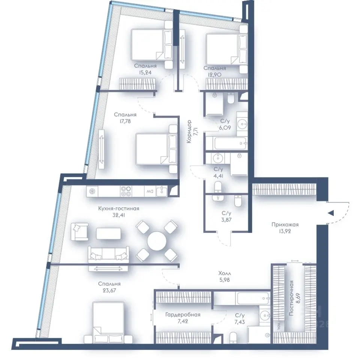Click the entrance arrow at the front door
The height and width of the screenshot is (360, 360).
coord(331,213)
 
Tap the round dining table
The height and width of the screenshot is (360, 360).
coord(157,241)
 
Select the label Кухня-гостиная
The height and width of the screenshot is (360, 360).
coord(119,208)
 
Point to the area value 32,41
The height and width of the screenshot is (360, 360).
coord(119,215)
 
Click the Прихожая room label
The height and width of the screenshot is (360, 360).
coord(285,225)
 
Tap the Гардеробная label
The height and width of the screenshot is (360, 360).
coord(183,315)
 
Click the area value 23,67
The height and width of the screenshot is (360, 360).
coord(109,290)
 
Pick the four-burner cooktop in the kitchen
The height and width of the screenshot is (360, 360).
coord(126,191)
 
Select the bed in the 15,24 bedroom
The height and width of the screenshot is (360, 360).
coord(152,45)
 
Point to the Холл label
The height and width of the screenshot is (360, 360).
coord(224,273)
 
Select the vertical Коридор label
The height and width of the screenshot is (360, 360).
coord(189,131)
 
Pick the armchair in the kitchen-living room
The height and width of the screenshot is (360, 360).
coord(79,231)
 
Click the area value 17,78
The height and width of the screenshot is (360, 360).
coord(125,121)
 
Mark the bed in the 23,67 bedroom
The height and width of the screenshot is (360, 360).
coord(108,322)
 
